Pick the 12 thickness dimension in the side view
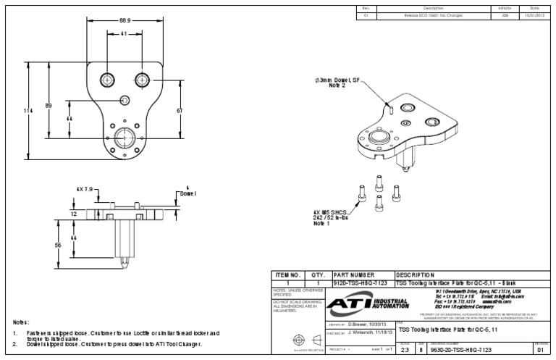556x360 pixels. click(x=74, y=214)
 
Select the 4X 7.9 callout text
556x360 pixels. click(x=85, y=189)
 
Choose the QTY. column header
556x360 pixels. click(x=316, y=275)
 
